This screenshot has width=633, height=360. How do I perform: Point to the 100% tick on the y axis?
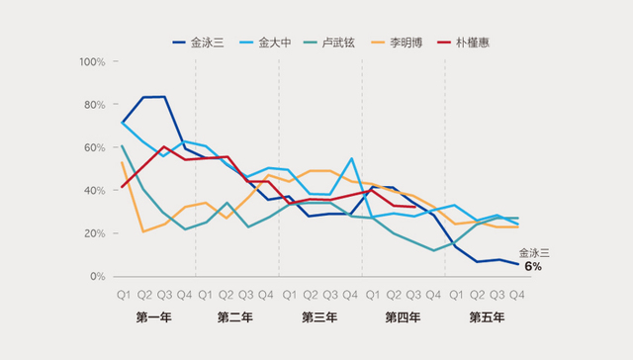pos(93,62)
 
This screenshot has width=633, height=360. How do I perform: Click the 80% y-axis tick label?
pos(96,105)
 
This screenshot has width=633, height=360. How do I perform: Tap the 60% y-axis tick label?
pos(96,147)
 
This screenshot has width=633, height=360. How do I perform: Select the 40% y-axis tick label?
pos(96,191)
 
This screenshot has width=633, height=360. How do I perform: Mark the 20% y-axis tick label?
pos(96,233)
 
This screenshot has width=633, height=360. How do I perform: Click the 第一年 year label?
pos(153,317)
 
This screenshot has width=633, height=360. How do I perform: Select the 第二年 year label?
pos(236,317)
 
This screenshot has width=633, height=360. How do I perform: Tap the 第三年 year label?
pos(319,317)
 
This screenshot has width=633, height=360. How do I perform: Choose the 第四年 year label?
pos(403,317)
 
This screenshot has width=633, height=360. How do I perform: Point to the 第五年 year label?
pos(486,317)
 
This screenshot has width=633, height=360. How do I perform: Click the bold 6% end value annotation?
pos(533,267)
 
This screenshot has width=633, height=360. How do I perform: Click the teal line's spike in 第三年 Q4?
pos(351,158)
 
